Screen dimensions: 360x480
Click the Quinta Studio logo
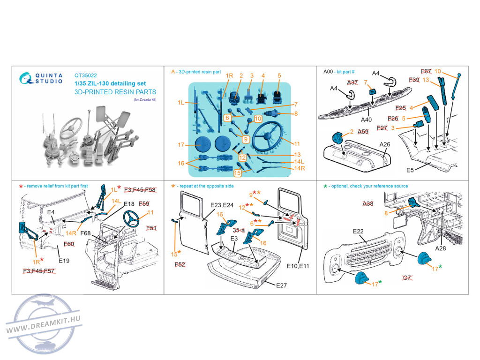42,77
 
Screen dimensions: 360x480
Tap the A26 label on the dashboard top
385,144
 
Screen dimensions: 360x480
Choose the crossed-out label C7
407,278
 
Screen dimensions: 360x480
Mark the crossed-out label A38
368,204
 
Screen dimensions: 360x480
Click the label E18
129,204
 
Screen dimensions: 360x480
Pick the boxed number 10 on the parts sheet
258,119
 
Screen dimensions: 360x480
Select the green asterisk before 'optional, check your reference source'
325,186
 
